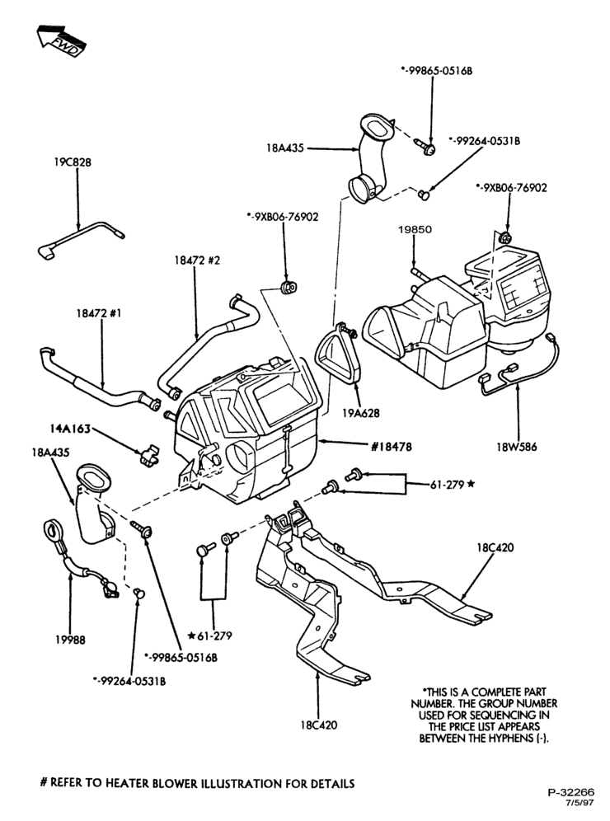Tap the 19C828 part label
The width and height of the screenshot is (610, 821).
click(73, 162)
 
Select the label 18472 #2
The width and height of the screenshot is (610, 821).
click(197, 260)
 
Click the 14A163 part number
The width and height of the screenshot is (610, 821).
click(71, 429)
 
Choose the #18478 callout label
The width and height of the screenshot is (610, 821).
click(391, 446)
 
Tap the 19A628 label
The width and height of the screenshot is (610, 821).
click(361, 413)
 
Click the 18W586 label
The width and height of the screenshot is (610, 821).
click(518, 447)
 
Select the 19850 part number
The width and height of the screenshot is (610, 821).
click(415, 229)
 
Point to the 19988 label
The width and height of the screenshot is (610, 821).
click(69, 640)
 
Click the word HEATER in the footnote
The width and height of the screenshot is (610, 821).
click(129, 784)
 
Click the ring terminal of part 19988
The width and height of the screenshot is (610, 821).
click(53, 529)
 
